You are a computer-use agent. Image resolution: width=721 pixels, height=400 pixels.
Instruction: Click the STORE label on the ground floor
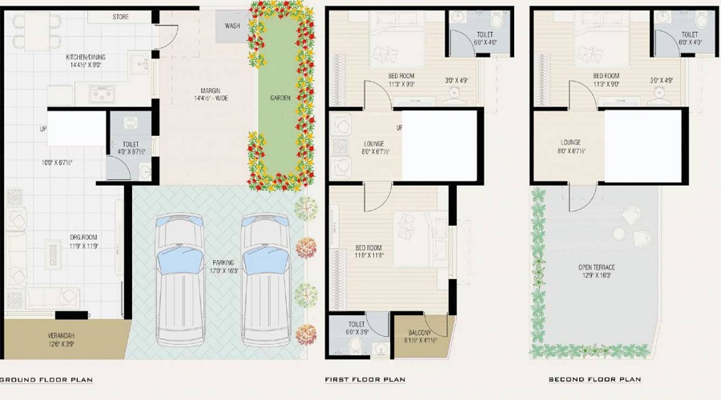click(x=120, y=17)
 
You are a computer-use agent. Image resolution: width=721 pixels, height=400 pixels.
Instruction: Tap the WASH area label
click(x=232, y=26)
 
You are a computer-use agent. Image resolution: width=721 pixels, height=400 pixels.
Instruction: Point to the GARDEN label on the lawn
click(x=280, y=98)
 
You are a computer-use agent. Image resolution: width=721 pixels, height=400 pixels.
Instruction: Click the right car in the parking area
click(x=265, y=276)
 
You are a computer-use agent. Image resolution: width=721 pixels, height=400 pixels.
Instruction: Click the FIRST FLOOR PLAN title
click(x=365, y=379)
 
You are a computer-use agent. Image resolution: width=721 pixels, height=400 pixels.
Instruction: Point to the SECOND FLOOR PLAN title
click(x=594, y=379)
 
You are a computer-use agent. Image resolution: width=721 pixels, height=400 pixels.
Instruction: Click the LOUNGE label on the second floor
click(x=570, y=141)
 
